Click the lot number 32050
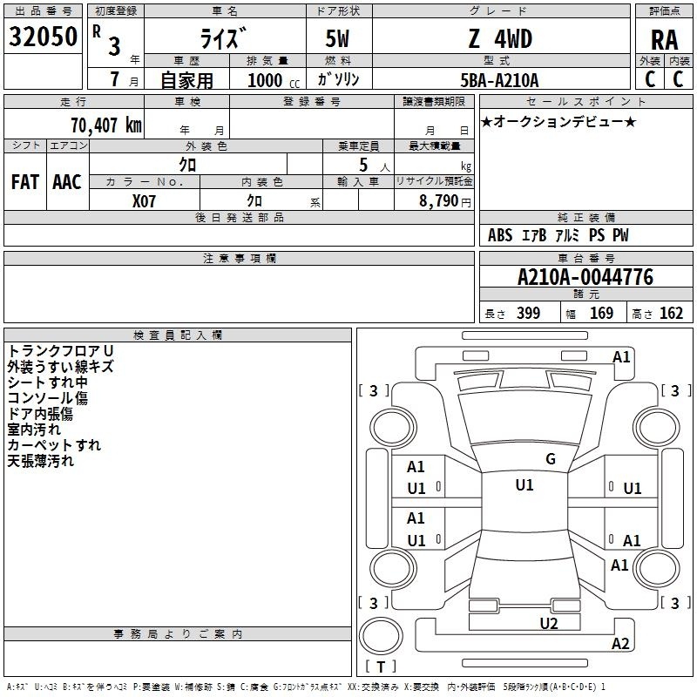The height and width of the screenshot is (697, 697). click(x=43, y=37)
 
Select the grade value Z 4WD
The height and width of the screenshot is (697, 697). click(x=500, y=38)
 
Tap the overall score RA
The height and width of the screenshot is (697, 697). click(x=664, y=40)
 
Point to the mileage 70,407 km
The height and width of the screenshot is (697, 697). click(x=106, y=125)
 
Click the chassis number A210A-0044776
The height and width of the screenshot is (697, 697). click(x=585, y=277)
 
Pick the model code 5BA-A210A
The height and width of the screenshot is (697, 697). click(x=499, y=80)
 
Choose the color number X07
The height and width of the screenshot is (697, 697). click(x=144, y=201)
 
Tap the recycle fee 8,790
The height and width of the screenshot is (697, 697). click(x=438, y=201)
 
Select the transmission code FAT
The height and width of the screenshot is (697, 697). click(x=25, y=182)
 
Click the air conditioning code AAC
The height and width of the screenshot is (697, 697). click(x=67, y=182)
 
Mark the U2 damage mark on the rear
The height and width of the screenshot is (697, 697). click(x=549, y=624)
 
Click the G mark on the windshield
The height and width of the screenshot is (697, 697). click(x=551, y=459)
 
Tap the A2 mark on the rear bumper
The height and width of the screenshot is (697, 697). click(x=620, y=644)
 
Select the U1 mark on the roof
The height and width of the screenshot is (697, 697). click(x=524, y=485)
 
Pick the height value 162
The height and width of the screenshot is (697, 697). click(x=671, y=314)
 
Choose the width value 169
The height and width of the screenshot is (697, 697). click(x=601, y=314)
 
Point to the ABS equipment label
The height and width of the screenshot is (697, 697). click(x=500, y=235)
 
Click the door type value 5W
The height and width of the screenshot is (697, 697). click(x=337, y=38)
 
